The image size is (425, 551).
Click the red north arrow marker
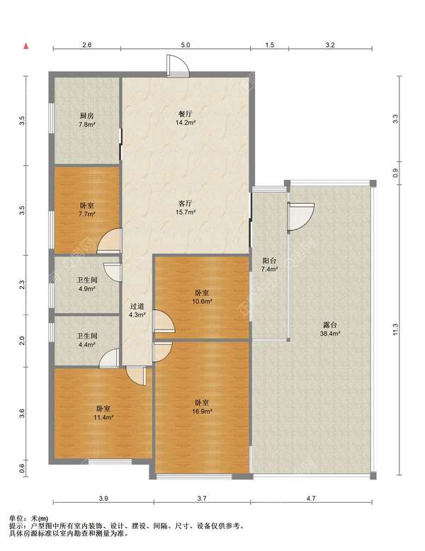[x=25, y=46]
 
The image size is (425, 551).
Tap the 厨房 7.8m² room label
[x=87, y=120]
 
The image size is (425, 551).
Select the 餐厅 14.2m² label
[x=186, y=118]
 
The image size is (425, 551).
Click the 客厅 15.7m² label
[x=186, y=208]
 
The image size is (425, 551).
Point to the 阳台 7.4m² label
[x=269, y=265]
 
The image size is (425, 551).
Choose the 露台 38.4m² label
[x=329, y=329]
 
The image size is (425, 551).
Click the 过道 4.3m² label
[x=137, y=311]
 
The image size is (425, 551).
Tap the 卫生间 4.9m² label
[x=87, y=284]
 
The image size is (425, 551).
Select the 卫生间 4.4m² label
[x=87, y=340]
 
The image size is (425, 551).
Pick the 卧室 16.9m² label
[x=202, y=407]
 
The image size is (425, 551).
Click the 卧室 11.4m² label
[x=103, y=413]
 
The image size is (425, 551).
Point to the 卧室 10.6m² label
[x=202, y=297]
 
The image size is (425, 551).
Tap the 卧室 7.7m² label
[x=87, y=210]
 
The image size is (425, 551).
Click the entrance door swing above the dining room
[x=178, y=66]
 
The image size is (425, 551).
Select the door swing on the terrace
[x=300, y=217]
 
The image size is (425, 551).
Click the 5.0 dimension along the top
[x=186, y=45]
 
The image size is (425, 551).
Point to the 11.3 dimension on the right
[x=395, y=329]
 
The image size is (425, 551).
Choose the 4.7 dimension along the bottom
[x=311, y=498]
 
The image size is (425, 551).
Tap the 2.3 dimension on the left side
[x=22, y=284]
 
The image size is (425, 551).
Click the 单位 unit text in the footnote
[x=16, y=518]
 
